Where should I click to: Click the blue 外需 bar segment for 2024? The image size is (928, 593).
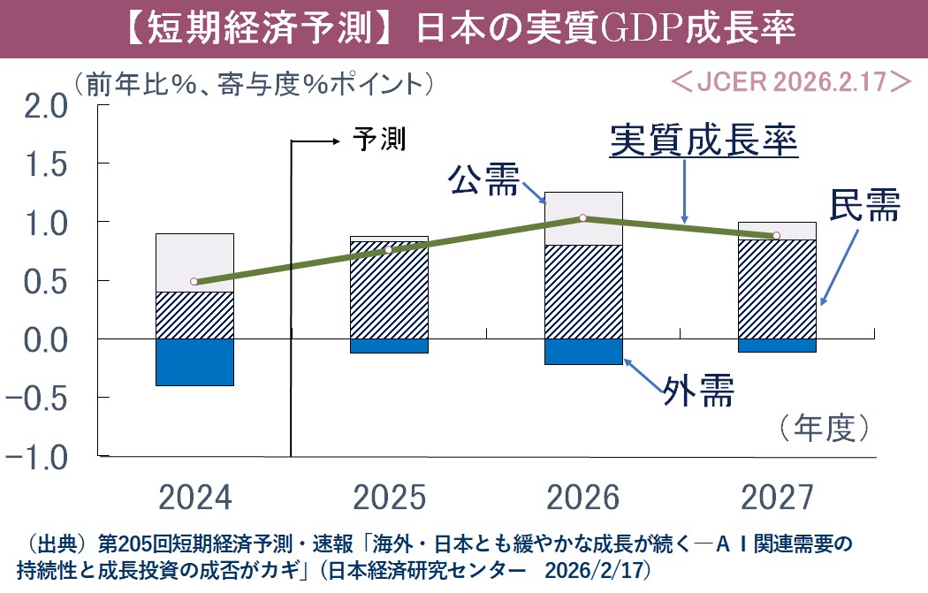pos(194,361)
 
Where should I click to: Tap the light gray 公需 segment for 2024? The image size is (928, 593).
pos(194,262)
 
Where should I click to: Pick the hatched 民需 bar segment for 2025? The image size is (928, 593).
pos(389,290)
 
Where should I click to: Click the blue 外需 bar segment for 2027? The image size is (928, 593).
pos(777,345)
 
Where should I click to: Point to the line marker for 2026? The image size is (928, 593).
pos(582,217)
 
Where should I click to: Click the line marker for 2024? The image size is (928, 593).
pos(194,282)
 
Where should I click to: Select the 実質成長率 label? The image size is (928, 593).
pos(704,141)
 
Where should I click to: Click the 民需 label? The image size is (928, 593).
pos(863,206)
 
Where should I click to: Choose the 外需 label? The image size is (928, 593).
pos(698,390)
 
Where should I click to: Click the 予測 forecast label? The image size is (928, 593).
pos(379,139)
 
